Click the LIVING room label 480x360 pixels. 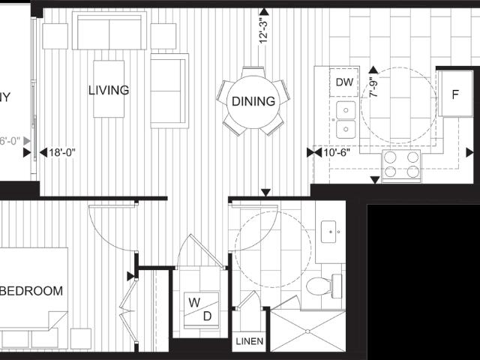[109, 91]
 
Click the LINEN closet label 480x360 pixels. [249, 342]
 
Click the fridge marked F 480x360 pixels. [455, 94]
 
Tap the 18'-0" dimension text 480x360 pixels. [63, 152]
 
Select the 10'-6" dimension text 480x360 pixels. [337, 152]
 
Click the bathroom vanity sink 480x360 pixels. [331, 233]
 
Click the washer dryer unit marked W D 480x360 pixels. [199, 309]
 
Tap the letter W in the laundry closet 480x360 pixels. [193, 302]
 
